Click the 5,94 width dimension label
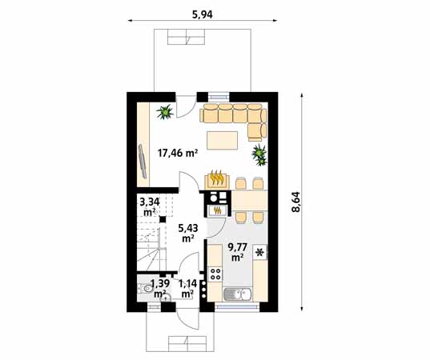[x=202, y=14]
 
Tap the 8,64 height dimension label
[x=296, y=202]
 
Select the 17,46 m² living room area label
[x=178, y=153]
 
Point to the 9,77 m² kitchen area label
[x=238, y=252]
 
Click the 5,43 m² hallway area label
[x=188, y=232]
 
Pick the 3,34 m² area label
[x=150, y=207]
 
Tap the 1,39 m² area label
[x=160, y=289]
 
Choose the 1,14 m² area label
[x=187, y=289]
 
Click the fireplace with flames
[x=217, y=179]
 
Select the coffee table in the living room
[x=222, y=141]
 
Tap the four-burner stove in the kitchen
[x=215, y=274]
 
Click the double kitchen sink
[x=238, y=294]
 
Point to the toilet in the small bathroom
[x=146, y=288]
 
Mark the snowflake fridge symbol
[x=259, y=252]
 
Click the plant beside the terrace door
[x=165, y=112]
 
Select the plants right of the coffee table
[x=259, y=154]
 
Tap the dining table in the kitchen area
[x=250, y=200]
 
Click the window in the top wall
[x=219, y=96]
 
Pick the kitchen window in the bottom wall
[x=237, y=307]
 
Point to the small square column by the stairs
[x=163, y=219]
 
